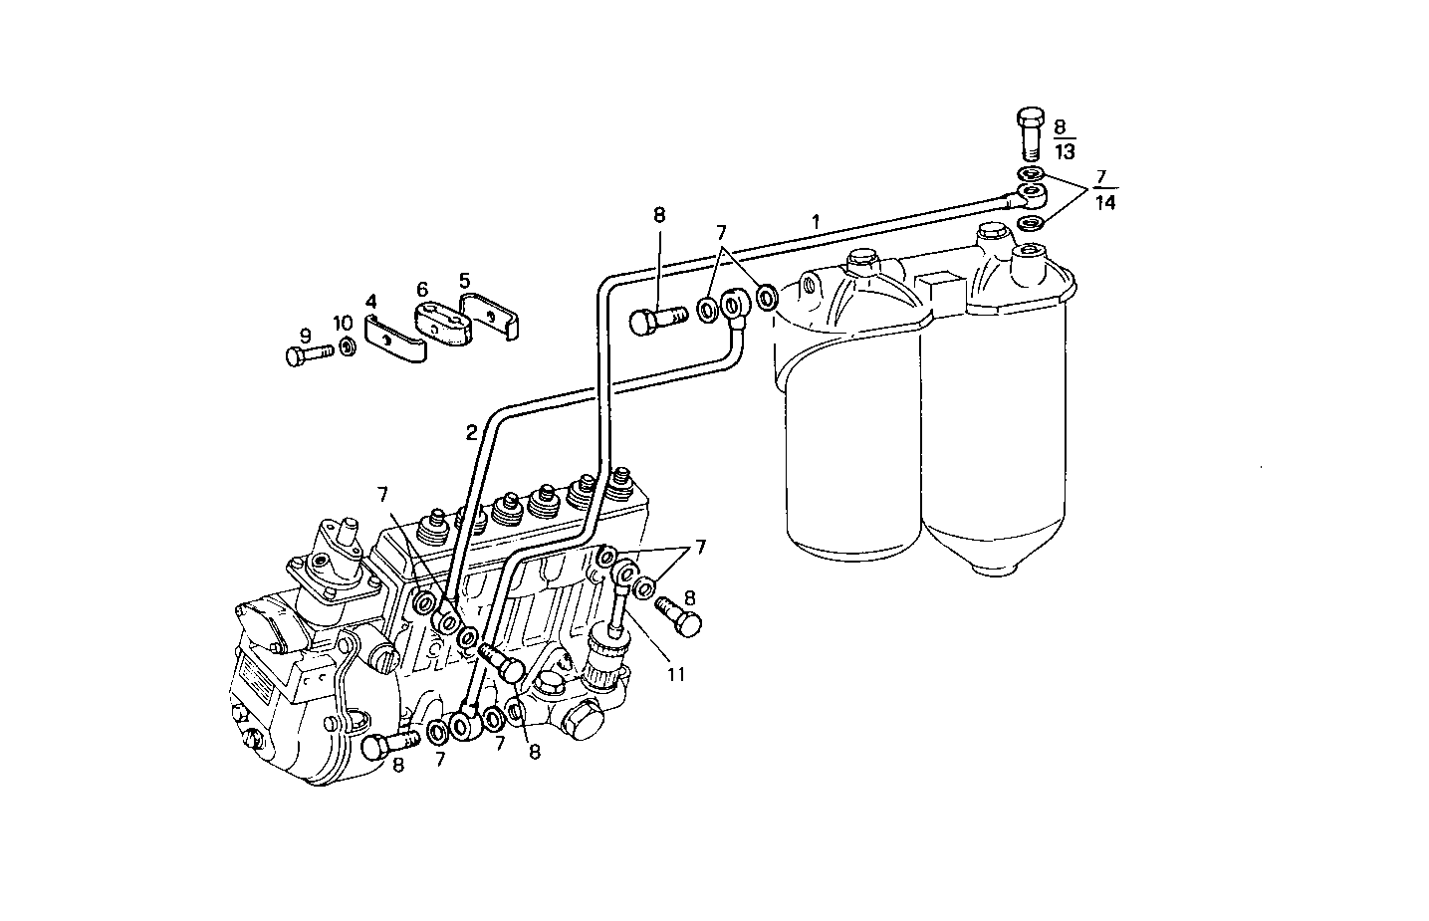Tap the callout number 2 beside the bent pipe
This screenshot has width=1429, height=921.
click(470, 432)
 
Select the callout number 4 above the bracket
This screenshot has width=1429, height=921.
click(370, 300)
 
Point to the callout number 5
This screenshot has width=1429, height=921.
click(464, 281)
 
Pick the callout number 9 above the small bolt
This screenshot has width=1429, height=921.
click(306, 335)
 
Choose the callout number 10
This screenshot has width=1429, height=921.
click(343, 323)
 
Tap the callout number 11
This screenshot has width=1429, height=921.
click(676, 674)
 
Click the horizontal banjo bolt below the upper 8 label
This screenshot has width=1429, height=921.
click(658, 320)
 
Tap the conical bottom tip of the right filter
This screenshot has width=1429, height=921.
click(991, 569)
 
